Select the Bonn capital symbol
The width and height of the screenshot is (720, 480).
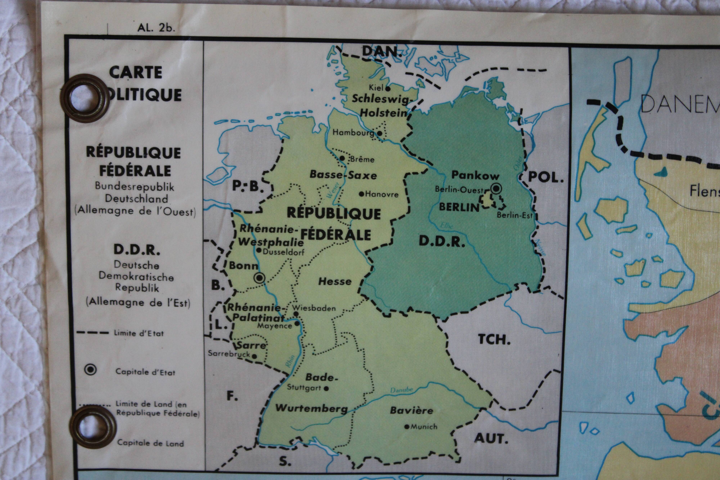pos(260,278)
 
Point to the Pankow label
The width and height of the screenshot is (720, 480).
pos(475,175)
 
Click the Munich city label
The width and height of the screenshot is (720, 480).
pos(424,426)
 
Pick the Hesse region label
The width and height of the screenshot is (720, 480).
pos(335,282)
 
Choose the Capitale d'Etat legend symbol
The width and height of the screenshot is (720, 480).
pos(90,370)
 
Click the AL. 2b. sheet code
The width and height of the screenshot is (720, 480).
pos(156,28)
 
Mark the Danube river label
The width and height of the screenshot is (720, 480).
pos(401,390)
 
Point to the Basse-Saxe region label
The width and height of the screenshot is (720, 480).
pos(343,175)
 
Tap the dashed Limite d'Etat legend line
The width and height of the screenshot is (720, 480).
pos(93,332)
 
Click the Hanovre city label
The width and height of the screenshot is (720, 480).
pos(381,194)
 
